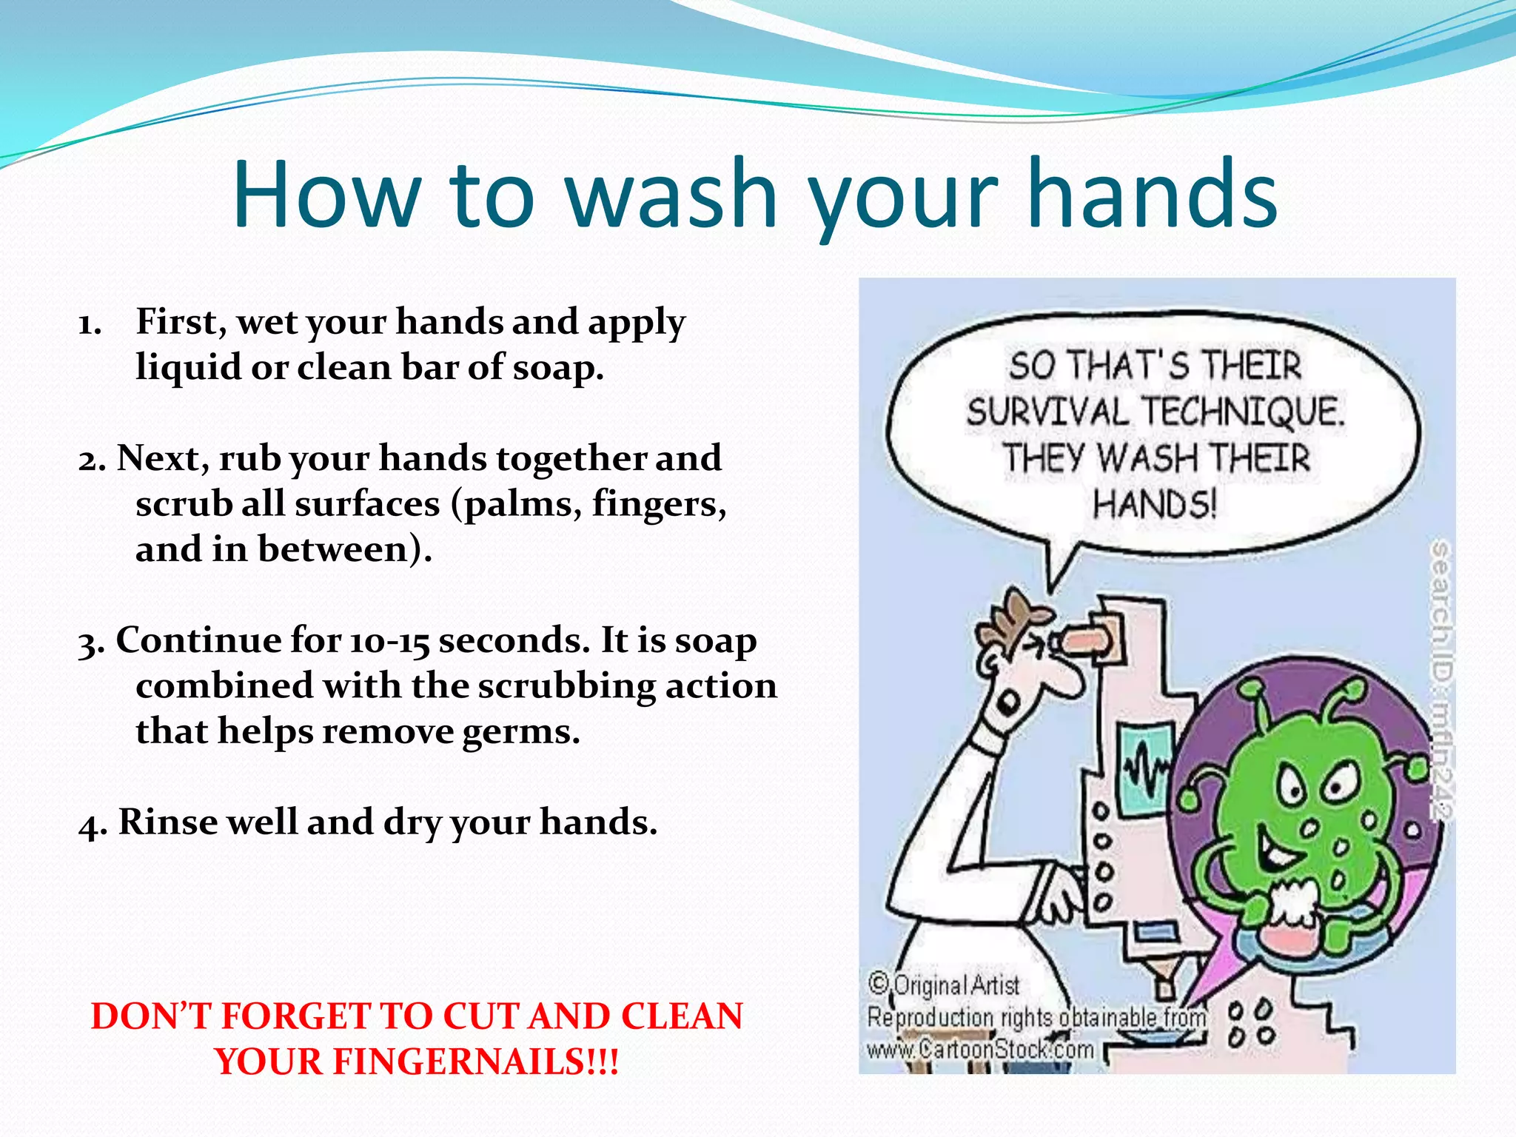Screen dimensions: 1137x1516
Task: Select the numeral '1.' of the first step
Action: pos(90,324)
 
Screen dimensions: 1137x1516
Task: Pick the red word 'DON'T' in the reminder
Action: pos(151,1016)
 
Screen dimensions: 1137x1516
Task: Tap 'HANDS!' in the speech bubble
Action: pos(1154,505)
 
